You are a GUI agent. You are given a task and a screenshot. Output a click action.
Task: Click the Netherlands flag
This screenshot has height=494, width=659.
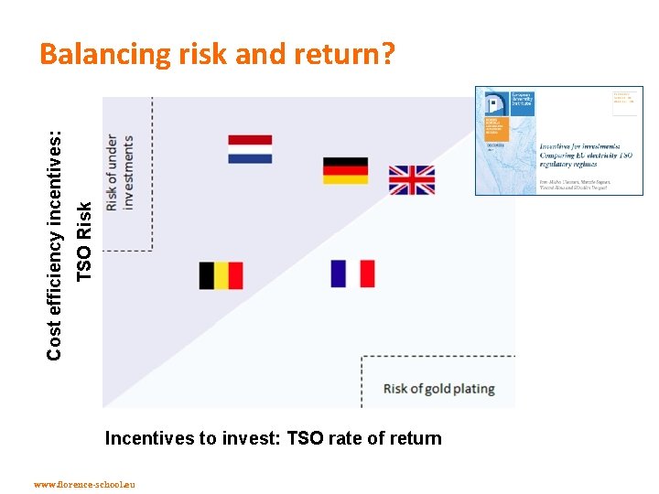coord(250,149)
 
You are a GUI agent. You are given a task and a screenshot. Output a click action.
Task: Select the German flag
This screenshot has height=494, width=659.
coord(345,170)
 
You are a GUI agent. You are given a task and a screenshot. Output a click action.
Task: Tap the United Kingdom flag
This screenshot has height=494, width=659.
coord(411,180)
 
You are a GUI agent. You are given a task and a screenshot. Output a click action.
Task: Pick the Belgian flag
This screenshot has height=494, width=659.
coord(221,275)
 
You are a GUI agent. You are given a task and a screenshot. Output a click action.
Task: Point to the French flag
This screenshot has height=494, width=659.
coord(352,274)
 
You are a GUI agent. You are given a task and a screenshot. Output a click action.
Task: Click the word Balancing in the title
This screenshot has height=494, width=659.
coord(104,56)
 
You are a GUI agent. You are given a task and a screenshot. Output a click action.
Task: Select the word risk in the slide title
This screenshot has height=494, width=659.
coord(202,56)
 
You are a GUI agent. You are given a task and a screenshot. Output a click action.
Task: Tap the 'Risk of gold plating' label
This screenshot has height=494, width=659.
coord(438,388)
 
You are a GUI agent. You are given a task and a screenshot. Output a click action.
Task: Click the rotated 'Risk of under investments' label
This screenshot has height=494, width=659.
coord(120,173)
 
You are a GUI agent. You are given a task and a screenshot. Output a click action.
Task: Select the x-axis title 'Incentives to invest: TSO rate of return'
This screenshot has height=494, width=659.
coord(273,438)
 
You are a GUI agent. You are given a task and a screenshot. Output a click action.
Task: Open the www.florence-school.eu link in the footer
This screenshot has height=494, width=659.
coord(83,484)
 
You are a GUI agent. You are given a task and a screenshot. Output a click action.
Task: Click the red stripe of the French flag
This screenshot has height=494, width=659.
coord(367,274)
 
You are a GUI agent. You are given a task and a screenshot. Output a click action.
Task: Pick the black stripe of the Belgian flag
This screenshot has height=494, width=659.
coord(207,275)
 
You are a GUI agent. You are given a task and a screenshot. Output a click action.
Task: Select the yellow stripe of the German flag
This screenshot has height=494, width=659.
coord(345,179)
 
